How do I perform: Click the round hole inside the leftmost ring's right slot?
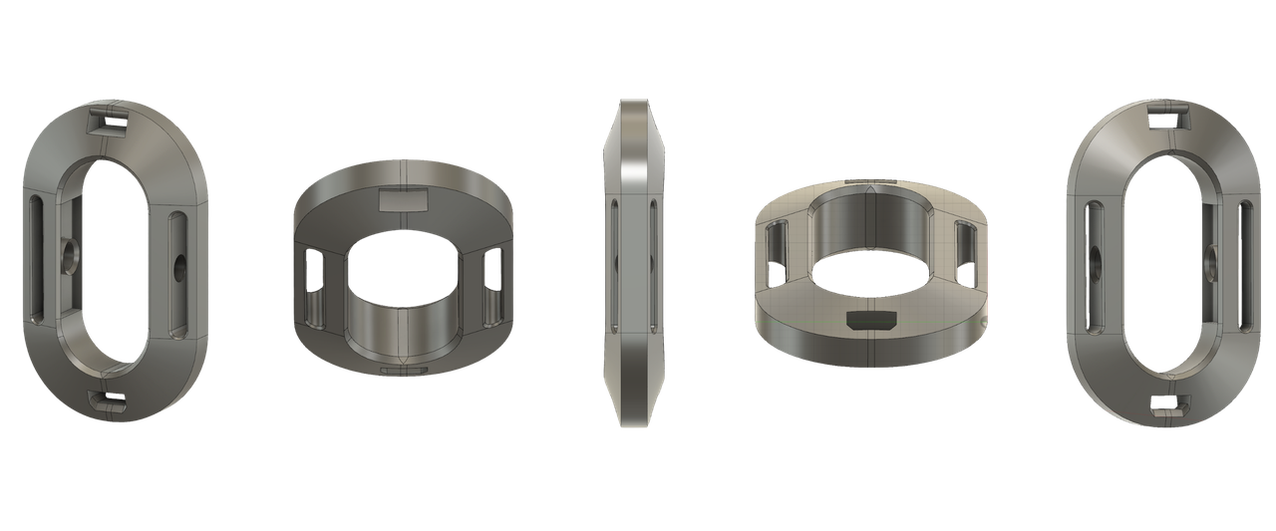click(x=179, y=265)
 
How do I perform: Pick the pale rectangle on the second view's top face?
click(x=404, y=199)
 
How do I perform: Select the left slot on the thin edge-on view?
click(x=614, y=264)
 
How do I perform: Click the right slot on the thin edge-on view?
click(x=652, y=264)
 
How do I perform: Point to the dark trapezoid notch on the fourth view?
click(x=869, y=320)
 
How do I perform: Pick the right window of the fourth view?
click(x=964, y=249)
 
